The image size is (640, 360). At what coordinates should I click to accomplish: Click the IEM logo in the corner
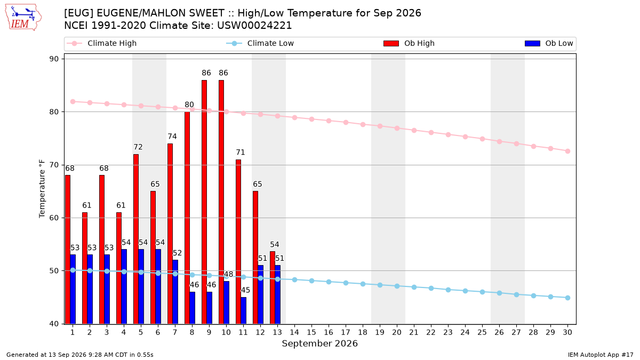point(23,18)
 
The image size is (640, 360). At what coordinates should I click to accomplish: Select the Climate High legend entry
point(101,43)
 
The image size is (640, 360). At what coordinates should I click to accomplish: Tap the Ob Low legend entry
point(549,43)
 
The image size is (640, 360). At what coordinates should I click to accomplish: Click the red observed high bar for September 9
point(204,202)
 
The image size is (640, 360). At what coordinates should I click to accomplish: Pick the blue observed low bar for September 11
point(243,310)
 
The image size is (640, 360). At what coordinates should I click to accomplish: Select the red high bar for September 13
point(273,287)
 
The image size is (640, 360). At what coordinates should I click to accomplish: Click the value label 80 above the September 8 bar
point(189,105)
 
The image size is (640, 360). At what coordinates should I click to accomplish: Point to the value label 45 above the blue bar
point(245,290)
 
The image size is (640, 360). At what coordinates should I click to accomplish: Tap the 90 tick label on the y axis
point(54,59)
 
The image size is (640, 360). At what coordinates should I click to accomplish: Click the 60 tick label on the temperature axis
point(54,218)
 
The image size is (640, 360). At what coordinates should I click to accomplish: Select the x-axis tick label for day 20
point(397,332)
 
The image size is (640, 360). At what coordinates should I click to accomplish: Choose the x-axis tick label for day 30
point(567,332)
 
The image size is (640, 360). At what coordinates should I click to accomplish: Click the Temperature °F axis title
point(42,189)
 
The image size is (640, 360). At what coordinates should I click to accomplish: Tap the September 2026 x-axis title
point(319,343)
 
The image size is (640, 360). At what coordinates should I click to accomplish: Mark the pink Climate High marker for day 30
point(567,151)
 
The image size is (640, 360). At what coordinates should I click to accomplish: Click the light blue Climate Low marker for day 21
point(414,287)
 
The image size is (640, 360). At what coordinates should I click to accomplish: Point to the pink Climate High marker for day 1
point(73,102)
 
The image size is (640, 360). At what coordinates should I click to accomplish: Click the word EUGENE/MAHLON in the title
point(161,13)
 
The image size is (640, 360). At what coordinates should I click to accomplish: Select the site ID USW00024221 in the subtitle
point(254,26)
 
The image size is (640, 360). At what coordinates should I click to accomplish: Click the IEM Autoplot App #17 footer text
point(601,355)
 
